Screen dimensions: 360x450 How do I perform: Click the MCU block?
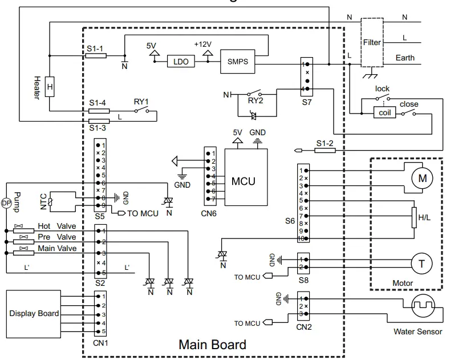pos(246,181)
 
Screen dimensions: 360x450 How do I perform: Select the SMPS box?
pos(237,62)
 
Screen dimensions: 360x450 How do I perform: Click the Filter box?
pos(371,43)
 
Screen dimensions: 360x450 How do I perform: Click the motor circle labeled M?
pos(422,179)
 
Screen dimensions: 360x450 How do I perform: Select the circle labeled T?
pos(421,263)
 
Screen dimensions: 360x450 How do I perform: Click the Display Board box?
pos(33,313)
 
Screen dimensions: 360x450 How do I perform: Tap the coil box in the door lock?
pos(383,112)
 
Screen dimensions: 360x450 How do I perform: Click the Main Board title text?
pos(212,345)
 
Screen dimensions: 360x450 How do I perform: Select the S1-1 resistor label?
pos(95,49)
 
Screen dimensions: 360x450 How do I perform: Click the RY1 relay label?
pos(141,102)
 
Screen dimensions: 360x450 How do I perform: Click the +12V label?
pos(202,44)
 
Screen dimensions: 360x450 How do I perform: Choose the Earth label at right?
pos(405,58)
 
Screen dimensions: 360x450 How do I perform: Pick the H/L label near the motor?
pos(424,217)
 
